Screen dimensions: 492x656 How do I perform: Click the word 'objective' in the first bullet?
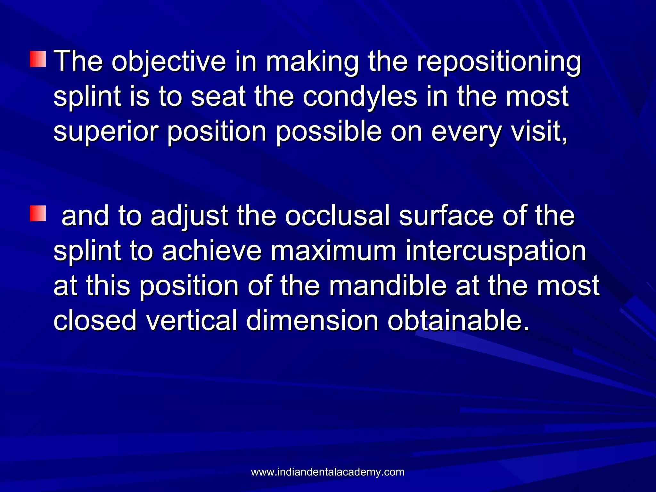click(x=168, y=61)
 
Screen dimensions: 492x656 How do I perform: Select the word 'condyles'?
click(x=360, y=96)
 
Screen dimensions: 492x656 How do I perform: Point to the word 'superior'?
click(x=106, y=132)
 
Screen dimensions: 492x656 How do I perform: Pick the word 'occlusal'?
click(x=338, y=216)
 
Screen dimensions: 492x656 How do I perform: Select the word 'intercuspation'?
click(x=496, y=251)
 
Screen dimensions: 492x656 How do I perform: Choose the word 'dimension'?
click(x=312, y=320)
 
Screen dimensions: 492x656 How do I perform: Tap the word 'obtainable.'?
click(x=458, y=320)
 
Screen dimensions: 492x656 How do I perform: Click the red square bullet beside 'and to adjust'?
click(x=38, y=214)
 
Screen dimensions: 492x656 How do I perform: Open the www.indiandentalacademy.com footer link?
click(x=327, y=472)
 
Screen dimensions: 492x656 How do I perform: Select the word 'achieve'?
click(x=212, y=251)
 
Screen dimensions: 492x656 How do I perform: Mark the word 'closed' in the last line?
click(x=95, y=320)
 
